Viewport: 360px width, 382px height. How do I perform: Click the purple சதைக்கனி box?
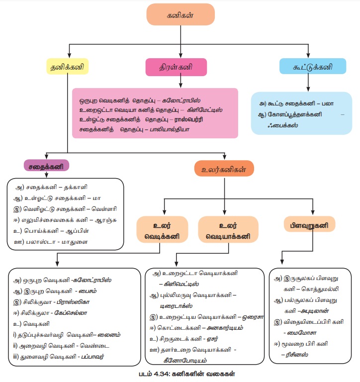46,166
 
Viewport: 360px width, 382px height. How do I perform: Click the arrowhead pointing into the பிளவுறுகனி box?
313,210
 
